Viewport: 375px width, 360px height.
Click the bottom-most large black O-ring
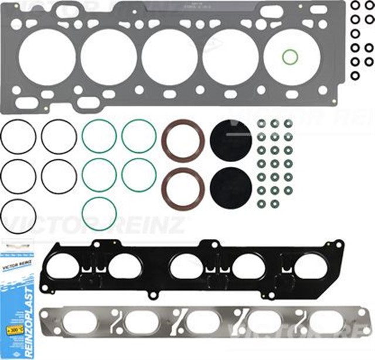click(x=19, y=215)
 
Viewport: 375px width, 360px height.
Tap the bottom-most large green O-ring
click(x=99, y=214)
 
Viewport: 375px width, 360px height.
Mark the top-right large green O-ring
click(x=139, y=136)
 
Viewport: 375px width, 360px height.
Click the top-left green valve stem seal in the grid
click(x=261, y=124)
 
